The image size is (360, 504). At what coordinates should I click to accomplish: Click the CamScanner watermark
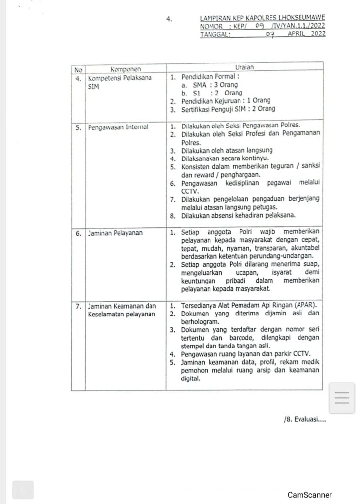[x=310, y=495]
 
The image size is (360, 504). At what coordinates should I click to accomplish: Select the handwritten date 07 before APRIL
[x=269, y=34]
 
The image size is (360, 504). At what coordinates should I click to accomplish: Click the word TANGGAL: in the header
[x=216, y=34]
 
